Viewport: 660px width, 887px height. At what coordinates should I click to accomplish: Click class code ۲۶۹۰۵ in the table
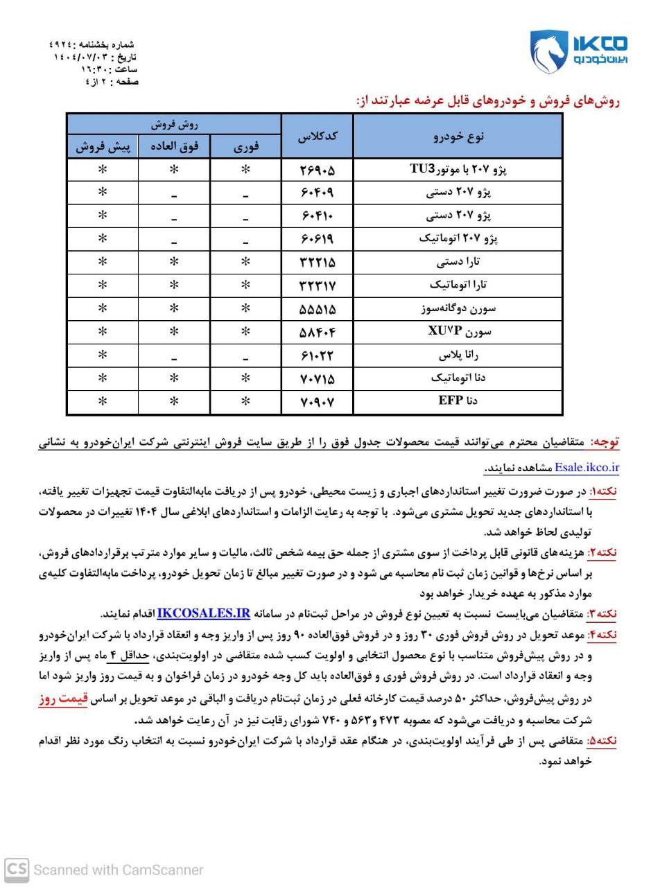[317, 170]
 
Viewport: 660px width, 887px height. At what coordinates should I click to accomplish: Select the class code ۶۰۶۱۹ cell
[317, 239]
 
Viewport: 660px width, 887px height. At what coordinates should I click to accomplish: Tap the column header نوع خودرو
[458, 137]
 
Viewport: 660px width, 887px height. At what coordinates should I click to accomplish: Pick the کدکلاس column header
[317, 137]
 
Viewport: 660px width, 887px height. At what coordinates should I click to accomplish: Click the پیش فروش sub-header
[103, 147]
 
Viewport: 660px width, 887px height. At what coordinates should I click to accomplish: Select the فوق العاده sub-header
[174, 147]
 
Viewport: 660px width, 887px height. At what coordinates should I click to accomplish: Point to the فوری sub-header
[245, 147]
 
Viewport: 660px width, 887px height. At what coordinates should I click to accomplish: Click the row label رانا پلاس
[458, 355]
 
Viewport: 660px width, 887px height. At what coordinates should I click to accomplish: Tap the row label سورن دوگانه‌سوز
[458, 308]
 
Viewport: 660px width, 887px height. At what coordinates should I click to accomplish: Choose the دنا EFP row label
[458, 401]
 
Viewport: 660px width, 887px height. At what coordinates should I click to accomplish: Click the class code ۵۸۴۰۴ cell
[317, 332]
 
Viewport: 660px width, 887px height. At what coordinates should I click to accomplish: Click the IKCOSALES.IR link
[203, 613]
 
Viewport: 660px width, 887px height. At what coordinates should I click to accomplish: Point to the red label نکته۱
[602, 491]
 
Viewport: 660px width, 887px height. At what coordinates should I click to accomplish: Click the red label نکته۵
[602, 741]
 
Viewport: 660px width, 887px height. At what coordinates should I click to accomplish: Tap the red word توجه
[605, 442]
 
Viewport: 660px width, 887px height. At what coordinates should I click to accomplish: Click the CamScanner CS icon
[17, 870]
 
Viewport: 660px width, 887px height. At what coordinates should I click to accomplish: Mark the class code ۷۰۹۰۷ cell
[317, 401]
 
